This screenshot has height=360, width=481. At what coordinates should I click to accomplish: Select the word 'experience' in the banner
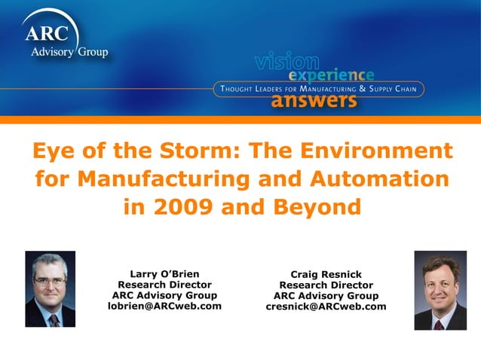point(332,75)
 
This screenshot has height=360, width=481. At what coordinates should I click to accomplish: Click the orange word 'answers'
point(314,100)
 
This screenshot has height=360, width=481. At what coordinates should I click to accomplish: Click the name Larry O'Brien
point(164,274)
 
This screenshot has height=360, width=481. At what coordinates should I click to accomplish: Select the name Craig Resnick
point(326,276)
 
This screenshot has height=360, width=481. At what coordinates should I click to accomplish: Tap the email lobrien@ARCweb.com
point(164,306)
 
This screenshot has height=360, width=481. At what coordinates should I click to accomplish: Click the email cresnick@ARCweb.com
point(326,307)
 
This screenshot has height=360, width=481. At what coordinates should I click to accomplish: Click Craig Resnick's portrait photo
point(440,290)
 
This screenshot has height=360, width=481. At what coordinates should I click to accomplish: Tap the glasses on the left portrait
point(49,279)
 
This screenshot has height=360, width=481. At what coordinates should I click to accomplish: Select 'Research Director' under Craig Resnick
point(326,286)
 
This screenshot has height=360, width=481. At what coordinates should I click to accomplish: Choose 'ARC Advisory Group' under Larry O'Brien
point(164,295)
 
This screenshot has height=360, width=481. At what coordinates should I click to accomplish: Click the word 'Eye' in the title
point(55,151)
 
